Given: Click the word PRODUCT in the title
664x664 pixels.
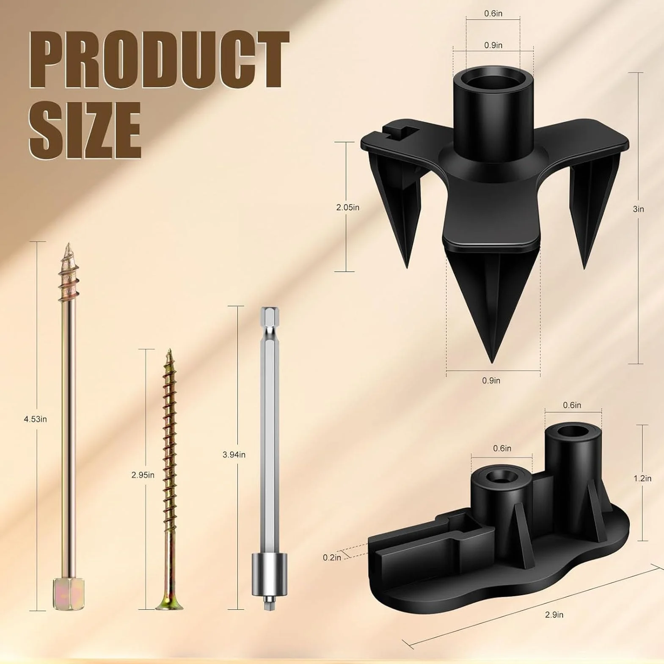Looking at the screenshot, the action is click(x=160, y=59).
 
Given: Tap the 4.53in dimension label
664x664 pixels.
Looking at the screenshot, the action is click(x=36, y=419).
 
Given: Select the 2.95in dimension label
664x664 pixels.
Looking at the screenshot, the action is click(x=143, y=475).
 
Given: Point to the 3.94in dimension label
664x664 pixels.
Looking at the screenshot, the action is click(x=234, y=455).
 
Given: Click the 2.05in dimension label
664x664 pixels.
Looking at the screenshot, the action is click(x=348, y=207).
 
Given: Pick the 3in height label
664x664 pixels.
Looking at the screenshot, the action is click(x=639, y=209).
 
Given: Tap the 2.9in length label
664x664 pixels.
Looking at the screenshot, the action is click(x=554, y=615).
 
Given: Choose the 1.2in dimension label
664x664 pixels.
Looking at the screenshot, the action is click(x=642, y=479).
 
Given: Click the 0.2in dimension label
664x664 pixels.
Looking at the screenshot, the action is click(x=332, y=558).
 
